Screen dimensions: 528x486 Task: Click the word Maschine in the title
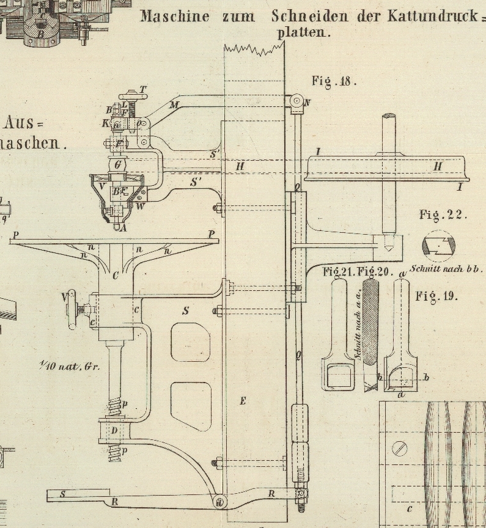(174, 16)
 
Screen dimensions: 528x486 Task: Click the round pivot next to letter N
(296, 100)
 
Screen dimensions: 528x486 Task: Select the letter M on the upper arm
(174, 105)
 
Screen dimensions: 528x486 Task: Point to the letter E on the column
(243, 401)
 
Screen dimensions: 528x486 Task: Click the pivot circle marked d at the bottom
(219, 502)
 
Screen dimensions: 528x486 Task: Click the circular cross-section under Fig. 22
(438, 246)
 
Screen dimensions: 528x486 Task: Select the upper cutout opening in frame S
(191, 341)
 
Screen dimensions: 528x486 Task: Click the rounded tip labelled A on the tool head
(116, 224)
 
